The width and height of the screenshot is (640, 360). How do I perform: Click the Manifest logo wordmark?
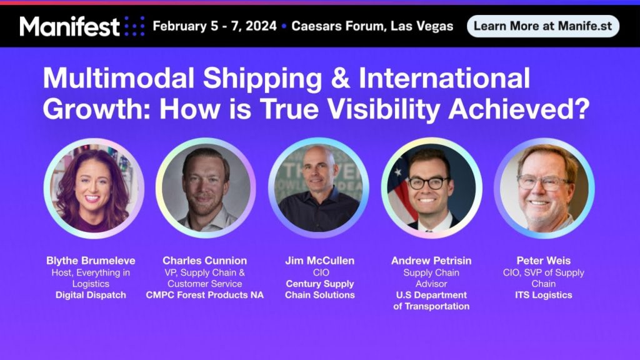pos(70,26)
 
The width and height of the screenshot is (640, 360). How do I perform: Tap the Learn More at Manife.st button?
pos(543,26)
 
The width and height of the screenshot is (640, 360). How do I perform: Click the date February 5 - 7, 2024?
pos(215,26)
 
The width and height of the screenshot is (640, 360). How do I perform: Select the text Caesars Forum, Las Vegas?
pos(372,26)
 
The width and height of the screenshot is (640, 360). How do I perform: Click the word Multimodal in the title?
pos(118,77)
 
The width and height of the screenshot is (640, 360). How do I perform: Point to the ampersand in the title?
pos(341,77)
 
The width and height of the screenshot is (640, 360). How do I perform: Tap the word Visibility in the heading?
pos(384,109)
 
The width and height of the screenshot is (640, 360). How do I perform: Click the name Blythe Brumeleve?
pos(91,261)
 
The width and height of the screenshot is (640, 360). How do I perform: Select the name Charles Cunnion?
pos(204,261)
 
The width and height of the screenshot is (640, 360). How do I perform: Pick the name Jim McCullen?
pos(320,261)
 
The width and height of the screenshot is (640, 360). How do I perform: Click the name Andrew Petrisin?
pos(431,261)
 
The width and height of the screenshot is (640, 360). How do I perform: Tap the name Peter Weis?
pos(543,261)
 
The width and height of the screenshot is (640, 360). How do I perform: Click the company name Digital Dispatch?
pos(91,295)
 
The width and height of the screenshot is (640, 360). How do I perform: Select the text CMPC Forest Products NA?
pos(204,295)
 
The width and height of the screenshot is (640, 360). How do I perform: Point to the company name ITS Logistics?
pos(543,295)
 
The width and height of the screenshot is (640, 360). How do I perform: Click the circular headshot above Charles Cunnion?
pos(206,187)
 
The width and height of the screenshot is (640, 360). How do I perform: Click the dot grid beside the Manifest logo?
pos(134,26)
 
